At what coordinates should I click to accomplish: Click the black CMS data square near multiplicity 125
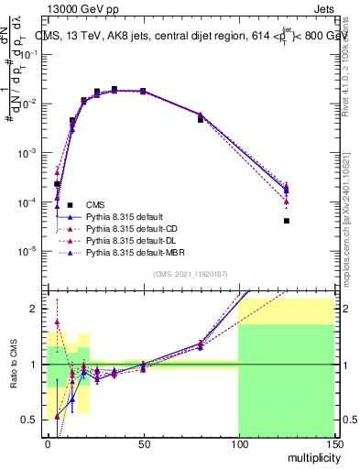click(286, 221)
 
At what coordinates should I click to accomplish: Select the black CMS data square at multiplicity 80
click(201, 120)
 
